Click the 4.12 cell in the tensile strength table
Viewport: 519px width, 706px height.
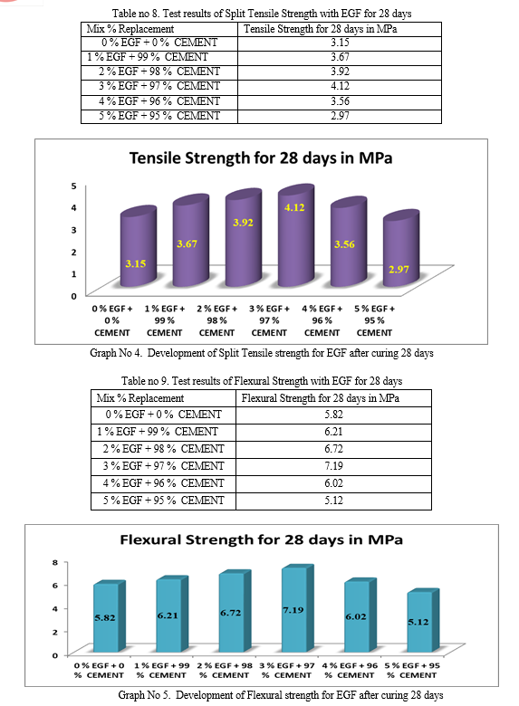(x=340, y=86)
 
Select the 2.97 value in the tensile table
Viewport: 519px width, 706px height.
(x=340, y=116)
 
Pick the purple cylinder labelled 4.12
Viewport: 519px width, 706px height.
(x=296, y=235)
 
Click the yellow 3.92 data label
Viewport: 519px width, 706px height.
(x=243, y=223)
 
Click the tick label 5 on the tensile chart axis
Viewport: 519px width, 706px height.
(x=74, y=186)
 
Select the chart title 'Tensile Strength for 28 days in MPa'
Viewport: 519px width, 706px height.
(x=261, y=158)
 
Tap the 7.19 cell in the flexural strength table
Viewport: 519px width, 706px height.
(x=333, y=466)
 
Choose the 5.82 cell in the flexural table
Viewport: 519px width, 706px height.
(x=333, y=415)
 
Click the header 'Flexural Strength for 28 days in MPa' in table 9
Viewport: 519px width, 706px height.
(x=321, y=398)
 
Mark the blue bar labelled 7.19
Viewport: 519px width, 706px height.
(x=297, y=608)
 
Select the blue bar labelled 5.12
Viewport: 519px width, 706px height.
(x=423, y=620)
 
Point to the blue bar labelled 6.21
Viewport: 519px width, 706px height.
(x=172, y=614)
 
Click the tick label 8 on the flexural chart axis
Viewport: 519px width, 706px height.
(x=55, y=562)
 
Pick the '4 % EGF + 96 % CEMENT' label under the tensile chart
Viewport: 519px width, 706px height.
(x=322, y=320)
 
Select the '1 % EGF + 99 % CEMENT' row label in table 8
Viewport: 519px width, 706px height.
(x=148, y=57)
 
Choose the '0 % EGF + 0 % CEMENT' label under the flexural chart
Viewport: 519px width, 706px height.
(x=99, y=670)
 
